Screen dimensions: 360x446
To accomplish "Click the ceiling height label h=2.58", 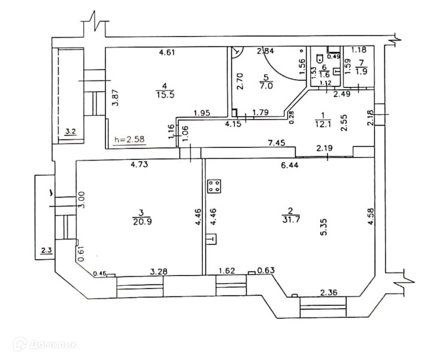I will pos(129,141).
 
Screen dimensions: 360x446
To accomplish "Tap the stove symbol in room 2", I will pos(214,186).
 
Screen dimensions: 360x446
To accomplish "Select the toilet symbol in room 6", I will pos(322,59).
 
